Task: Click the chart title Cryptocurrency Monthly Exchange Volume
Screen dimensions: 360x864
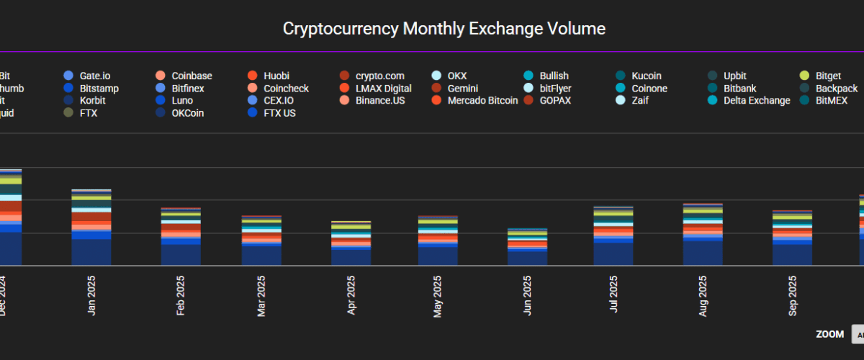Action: pyautogui.click(x=444, y=29)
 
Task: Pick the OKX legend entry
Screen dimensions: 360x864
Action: pyautogui.click(x=456, y=76)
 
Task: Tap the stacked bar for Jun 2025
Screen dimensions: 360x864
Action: pyautogui.click(x=528, y=248)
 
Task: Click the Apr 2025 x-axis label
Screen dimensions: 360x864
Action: pyautogui.click(x=352, y=295)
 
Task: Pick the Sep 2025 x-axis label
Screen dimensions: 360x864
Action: pyautogui.click(x=793, y=295)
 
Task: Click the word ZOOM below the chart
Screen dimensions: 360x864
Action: pyautogui.click(x=829, y=334)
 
